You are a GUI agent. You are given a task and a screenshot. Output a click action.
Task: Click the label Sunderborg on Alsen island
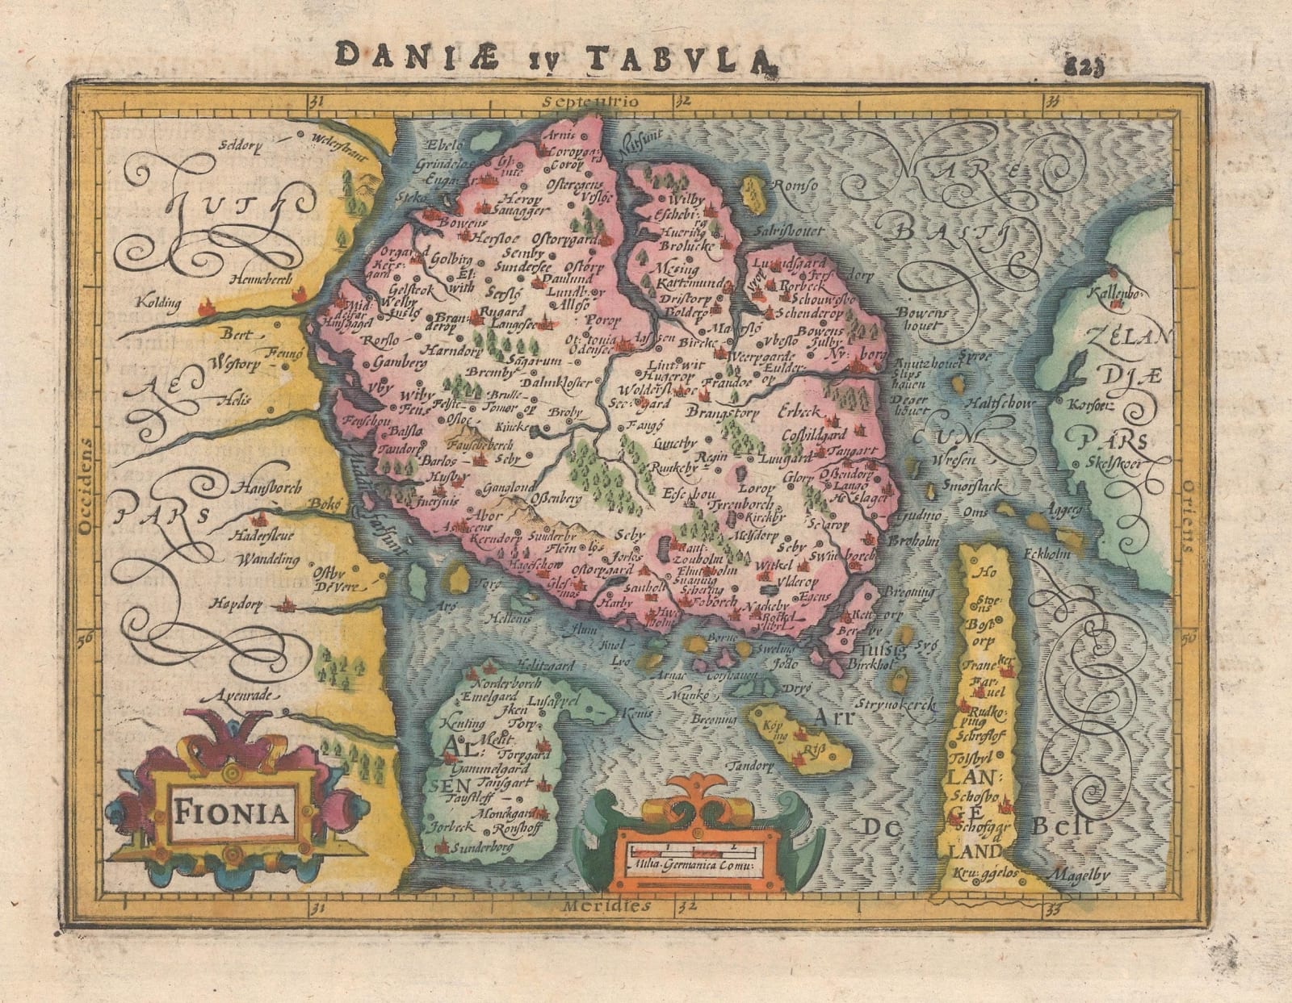pos(481,849)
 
